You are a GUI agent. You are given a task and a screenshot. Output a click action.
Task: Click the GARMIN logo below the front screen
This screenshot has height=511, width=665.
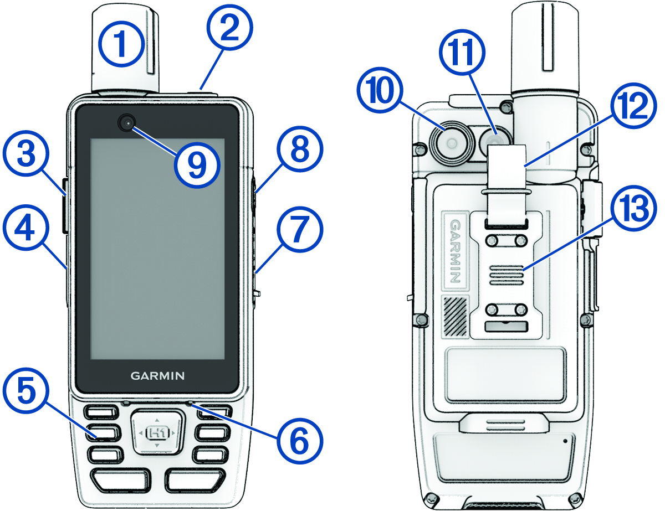[x=157, y=375]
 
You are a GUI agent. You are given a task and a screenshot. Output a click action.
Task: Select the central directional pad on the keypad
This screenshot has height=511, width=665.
[x=157, y=432]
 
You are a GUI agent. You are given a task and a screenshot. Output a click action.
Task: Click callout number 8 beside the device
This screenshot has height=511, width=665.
[x=299, y=150]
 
